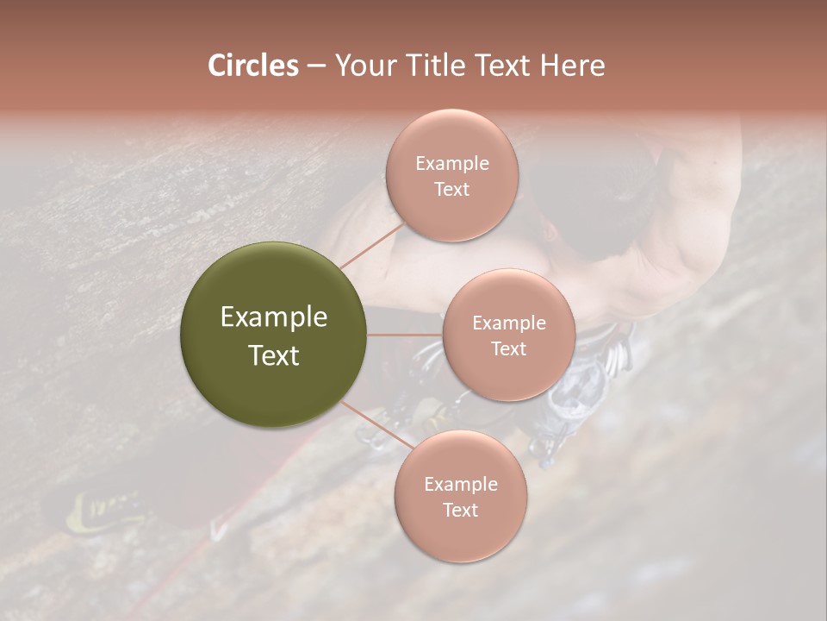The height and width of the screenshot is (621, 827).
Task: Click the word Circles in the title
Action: coord(252,66)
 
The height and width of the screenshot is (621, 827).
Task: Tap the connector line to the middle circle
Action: coord(405,335)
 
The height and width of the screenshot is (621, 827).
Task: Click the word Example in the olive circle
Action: coord(274,317)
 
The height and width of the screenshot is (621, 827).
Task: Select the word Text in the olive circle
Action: coord(274,355)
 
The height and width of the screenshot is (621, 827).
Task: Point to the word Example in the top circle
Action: coord(451,164)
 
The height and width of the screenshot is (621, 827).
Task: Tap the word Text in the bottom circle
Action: coord(460,510)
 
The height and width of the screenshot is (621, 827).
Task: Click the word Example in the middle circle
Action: coord(509,323)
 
